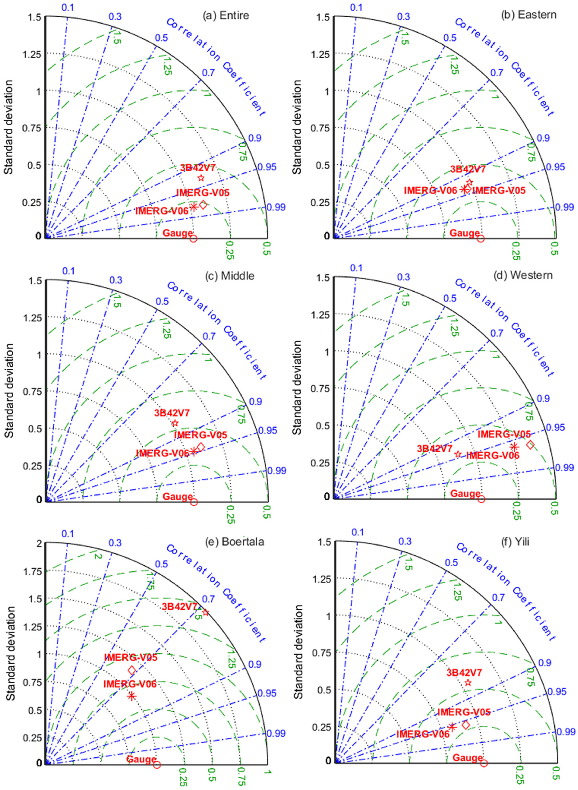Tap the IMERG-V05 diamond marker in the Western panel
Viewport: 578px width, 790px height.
530,445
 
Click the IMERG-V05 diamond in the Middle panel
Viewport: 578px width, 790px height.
201,447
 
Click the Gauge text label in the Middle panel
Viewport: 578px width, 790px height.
178,496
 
